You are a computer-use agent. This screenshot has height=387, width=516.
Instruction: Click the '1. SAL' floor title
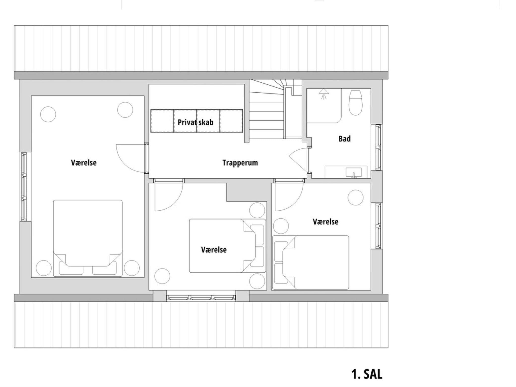point(367,374)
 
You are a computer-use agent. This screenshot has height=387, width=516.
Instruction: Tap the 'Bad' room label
point(344,139)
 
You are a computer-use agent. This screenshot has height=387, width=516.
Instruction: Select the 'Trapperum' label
point(240,163)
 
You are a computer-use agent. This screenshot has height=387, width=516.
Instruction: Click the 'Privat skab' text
point(196,122)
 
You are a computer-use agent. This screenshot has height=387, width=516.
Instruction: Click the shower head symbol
point(324,93)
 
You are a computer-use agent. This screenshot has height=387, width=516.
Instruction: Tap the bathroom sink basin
point(353,172)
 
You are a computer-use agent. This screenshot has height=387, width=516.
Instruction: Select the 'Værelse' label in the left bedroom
point(84,163)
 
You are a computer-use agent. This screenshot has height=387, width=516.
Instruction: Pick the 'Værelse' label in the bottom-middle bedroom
point(214,250)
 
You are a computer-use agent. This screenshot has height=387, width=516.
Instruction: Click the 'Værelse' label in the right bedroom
point(325,222)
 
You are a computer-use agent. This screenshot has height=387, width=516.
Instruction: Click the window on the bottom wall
point(201,298)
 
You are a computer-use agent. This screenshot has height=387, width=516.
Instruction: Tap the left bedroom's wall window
point(23,186)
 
